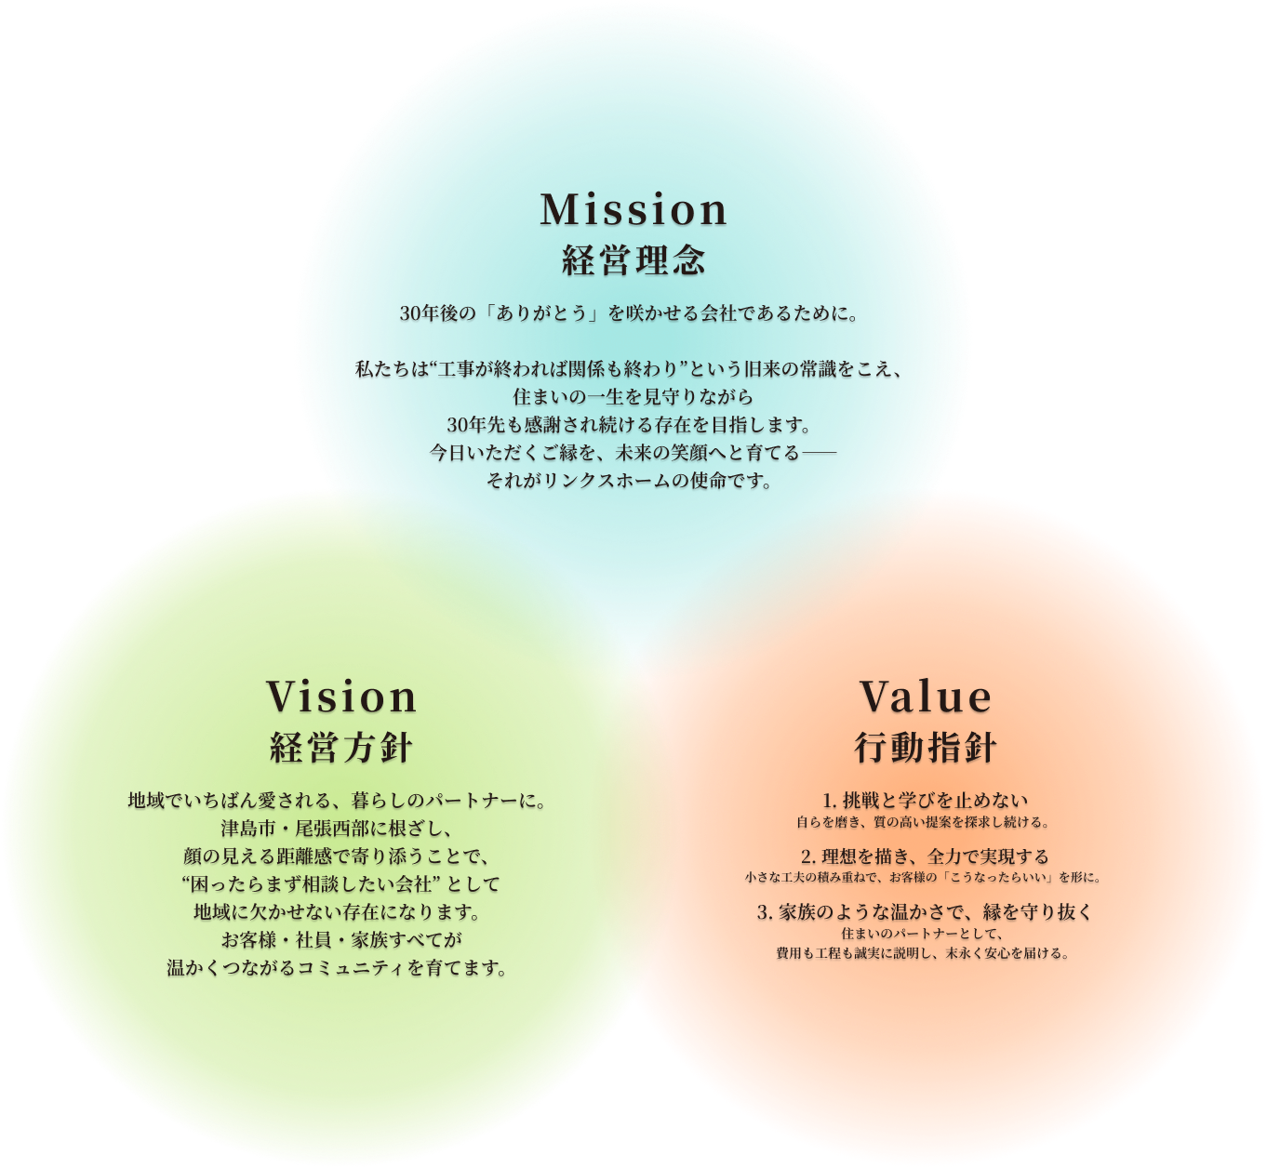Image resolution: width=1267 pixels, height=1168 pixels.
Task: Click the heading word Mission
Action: coord(633,209)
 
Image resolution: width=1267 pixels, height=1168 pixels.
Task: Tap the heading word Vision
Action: coord(341,697)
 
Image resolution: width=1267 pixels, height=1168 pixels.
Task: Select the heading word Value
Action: coord(926,697)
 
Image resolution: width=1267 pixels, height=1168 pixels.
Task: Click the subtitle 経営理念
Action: coord(633,261)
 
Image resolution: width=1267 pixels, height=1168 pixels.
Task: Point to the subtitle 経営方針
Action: coord(341,748)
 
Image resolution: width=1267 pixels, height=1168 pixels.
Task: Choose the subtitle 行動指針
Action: coord(926,748)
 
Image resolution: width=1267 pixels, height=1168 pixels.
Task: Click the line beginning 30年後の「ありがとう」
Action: coord(629,313)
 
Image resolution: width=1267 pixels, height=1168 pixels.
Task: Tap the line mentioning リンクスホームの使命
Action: coord(630,482)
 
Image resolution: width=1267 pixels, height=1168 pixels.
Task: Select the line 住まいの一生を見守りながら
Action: coord(633,397)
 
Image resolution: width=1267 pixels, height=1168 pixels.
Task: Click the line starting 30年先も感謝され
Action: coord(630,425)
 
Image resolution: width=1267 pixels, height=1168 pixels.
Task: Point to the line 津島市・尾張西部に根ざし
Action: coord(336,828)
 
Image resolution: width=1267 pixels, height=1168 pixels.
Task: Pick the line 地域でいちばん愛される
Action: coord(336,800)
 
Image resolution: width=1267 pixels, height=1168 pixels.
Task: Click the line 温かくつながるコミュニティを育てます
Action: coord(338,968)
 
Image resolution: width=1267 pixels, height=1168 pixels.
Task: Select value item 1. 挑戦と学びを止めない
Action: coord(926,800)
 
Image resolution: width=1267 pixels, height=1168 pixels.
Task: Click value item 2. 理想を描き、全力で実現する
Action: coord(925,856)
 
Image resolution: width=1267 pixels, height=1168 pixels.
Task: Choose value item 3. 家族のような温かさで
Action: coord(925,912)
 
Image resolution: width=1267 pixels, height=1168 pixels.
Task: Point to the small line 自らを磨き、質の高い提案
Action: coord(923,822)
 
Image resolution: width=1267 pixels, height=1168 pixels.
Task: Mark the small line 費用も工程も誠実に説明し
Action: coord(923,953)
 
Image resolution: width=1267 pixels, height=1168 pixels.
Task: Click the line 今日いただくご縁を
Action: coord(633,453)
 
